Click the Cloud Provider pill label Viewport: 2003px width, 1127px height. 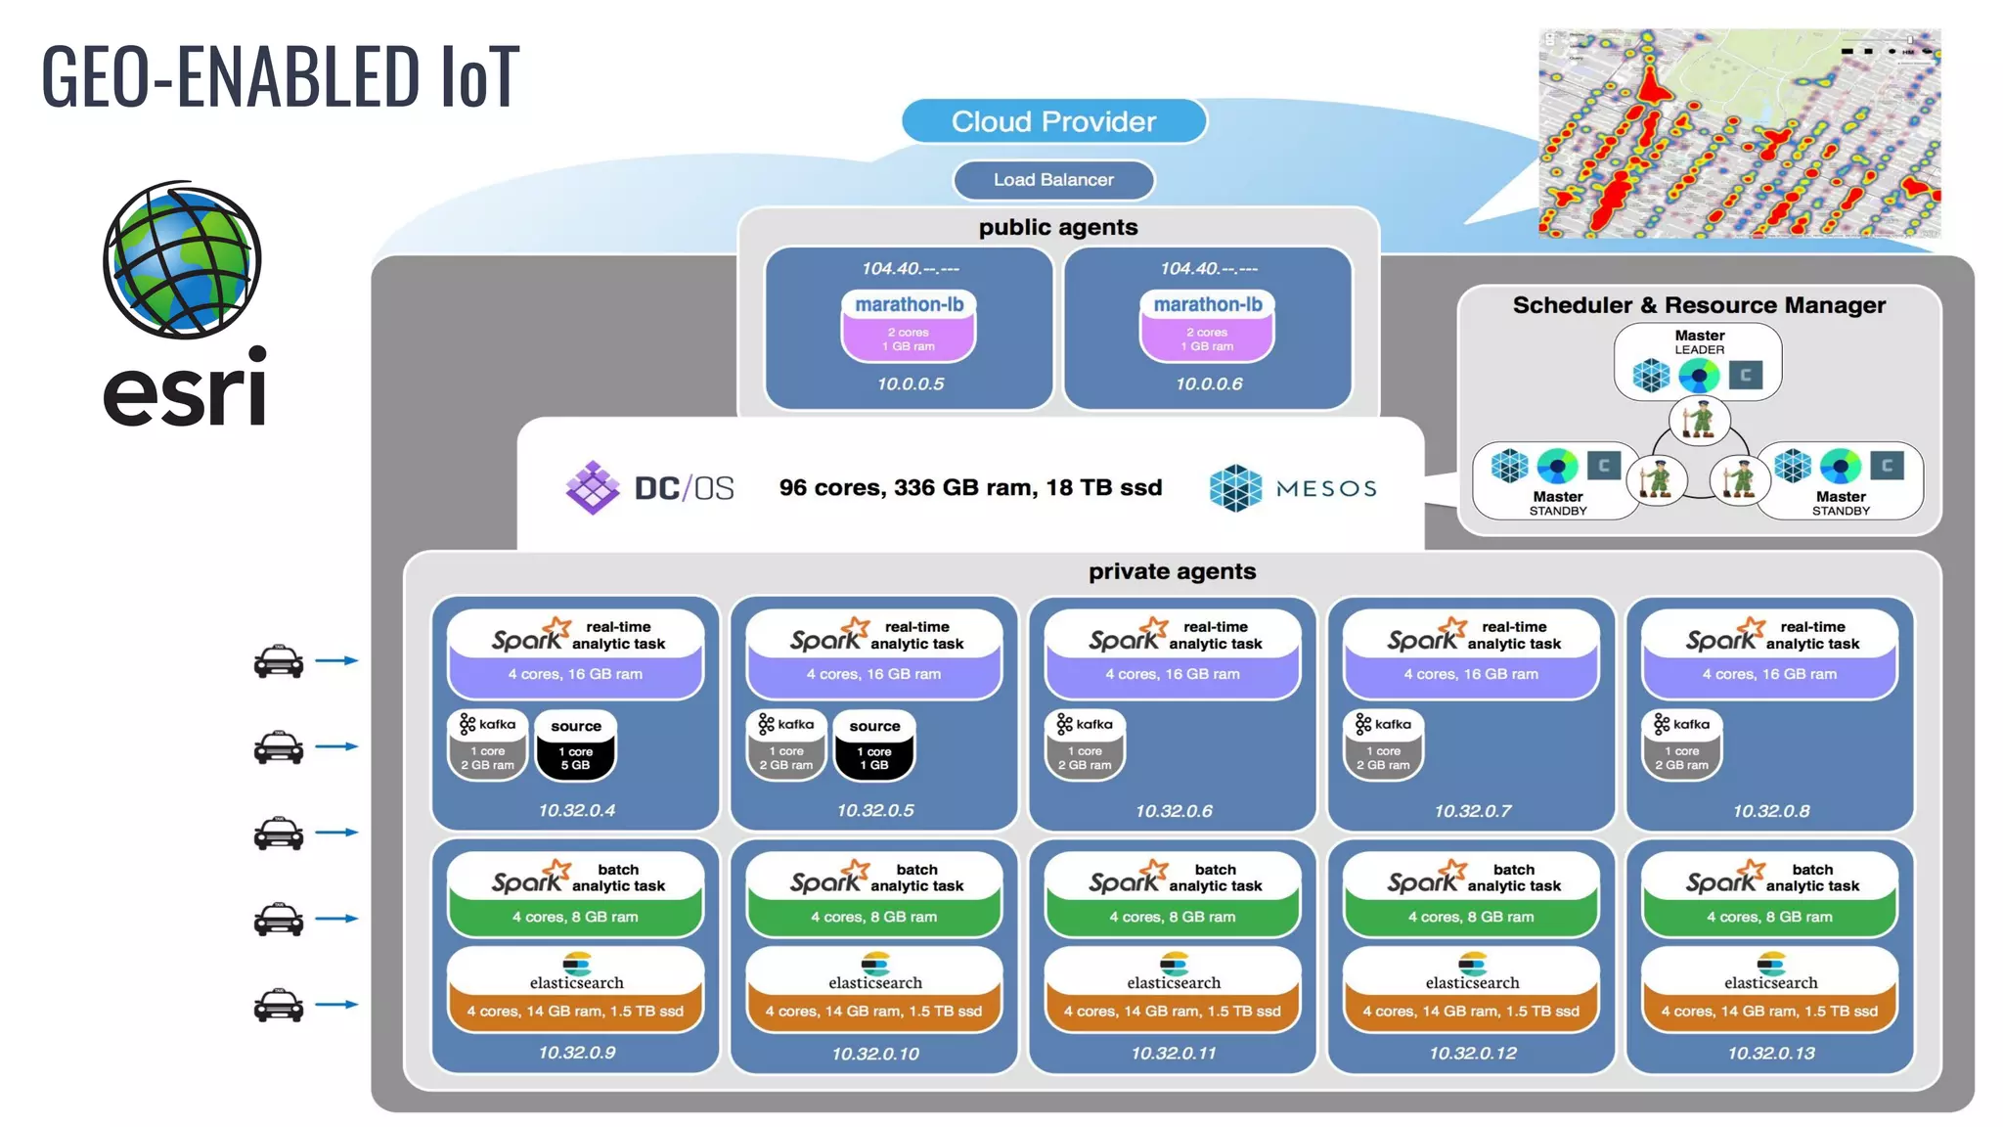(x=1053, y=121)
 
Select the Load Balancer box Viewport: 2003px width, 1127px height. (x=1053, y=180)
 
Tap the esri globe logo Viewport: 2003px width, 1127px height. (x=183, y=260)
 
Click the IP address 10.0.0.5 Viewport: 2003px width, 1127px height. (x=910, y=384)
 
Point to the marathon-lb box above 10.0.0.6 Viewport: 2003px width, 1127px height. (x=1207, y=324)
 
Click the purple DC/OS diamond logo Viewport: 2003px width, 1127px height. (x=593, y=487)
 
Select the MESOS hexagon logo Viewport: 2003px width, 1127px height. (x=1235, y=488)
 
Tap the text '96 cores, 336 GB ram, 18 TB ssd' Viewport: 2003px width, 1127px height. (x=970, y=487)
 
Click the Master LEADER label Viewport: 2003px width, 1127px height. (x=1699, y=341)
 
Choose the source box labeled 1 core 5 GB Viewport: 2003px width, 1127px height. (x=575, y=745)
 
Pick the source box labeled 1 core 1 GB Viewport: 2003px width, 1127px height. (x=874, y=745)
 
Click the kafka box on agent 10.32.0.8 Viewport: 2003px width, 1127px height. (x=1681, y=744)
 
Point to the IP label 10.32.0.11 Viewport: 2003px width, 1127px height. (x=1173, y=1054)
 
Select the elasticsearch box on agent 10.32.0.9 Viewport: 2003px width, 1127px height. (x=575, y=989)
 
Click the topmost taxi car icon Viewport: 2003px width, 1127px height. (x=279, y=661)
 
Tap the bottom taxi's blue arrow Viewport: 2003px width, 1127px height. (x=337, y=1005)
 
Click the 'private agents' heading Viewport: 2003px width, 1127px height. (x=1172, y=571)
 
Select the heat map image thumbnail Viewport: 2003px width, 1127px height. (x=1739, y=134)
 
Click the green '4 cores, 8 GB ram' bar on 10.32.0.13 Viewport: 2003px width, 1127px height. (x=1769, y=917)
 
